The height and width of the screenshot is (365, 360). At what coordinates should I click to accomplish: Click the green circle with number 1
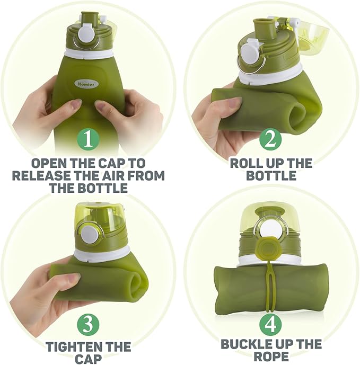[x=88, y=139]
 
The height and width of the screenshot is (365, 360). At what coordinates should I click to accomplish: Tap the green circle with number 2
[x=270, y=139]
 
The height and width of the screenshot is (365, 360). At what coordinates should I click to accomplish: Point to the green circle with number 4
[x=270, y=324]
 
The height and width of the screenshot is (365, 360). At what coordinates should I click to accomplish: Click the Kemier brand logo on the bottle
[x=86, y=84]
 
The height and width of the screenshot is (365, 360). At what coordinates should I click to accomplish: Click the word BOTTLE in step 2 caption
[x=271, y=175]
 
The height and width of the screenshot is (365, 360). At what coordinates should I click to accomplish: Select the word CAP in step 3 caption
[x=88, y=359]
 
